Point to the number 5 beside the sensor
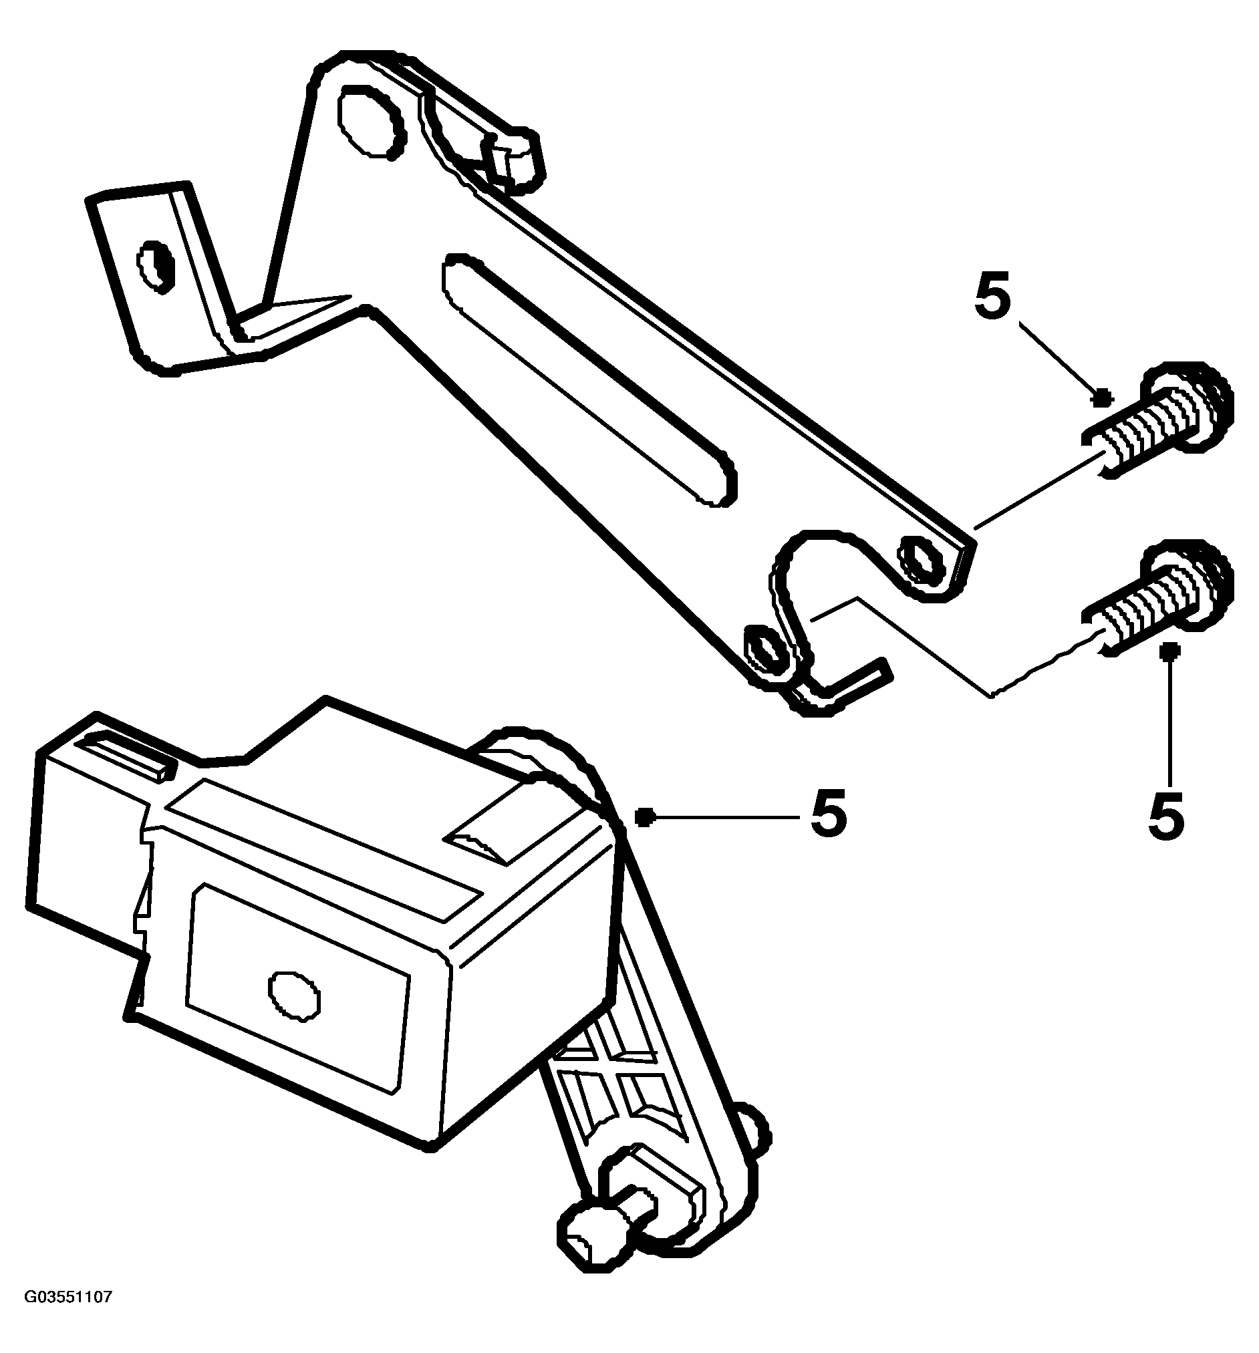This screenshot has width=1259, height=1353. [x=828, y=814]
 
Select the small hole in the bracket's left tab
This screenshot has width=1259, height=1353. [x=156, y=267]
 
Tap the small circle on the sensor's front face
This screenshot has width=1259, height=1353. [x=294, y=998]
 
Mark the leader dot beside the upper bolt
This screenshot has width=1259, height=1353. [x=1102, y=397]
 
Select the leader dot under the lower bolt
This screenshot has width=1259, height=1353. [x=1171, y=651]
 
